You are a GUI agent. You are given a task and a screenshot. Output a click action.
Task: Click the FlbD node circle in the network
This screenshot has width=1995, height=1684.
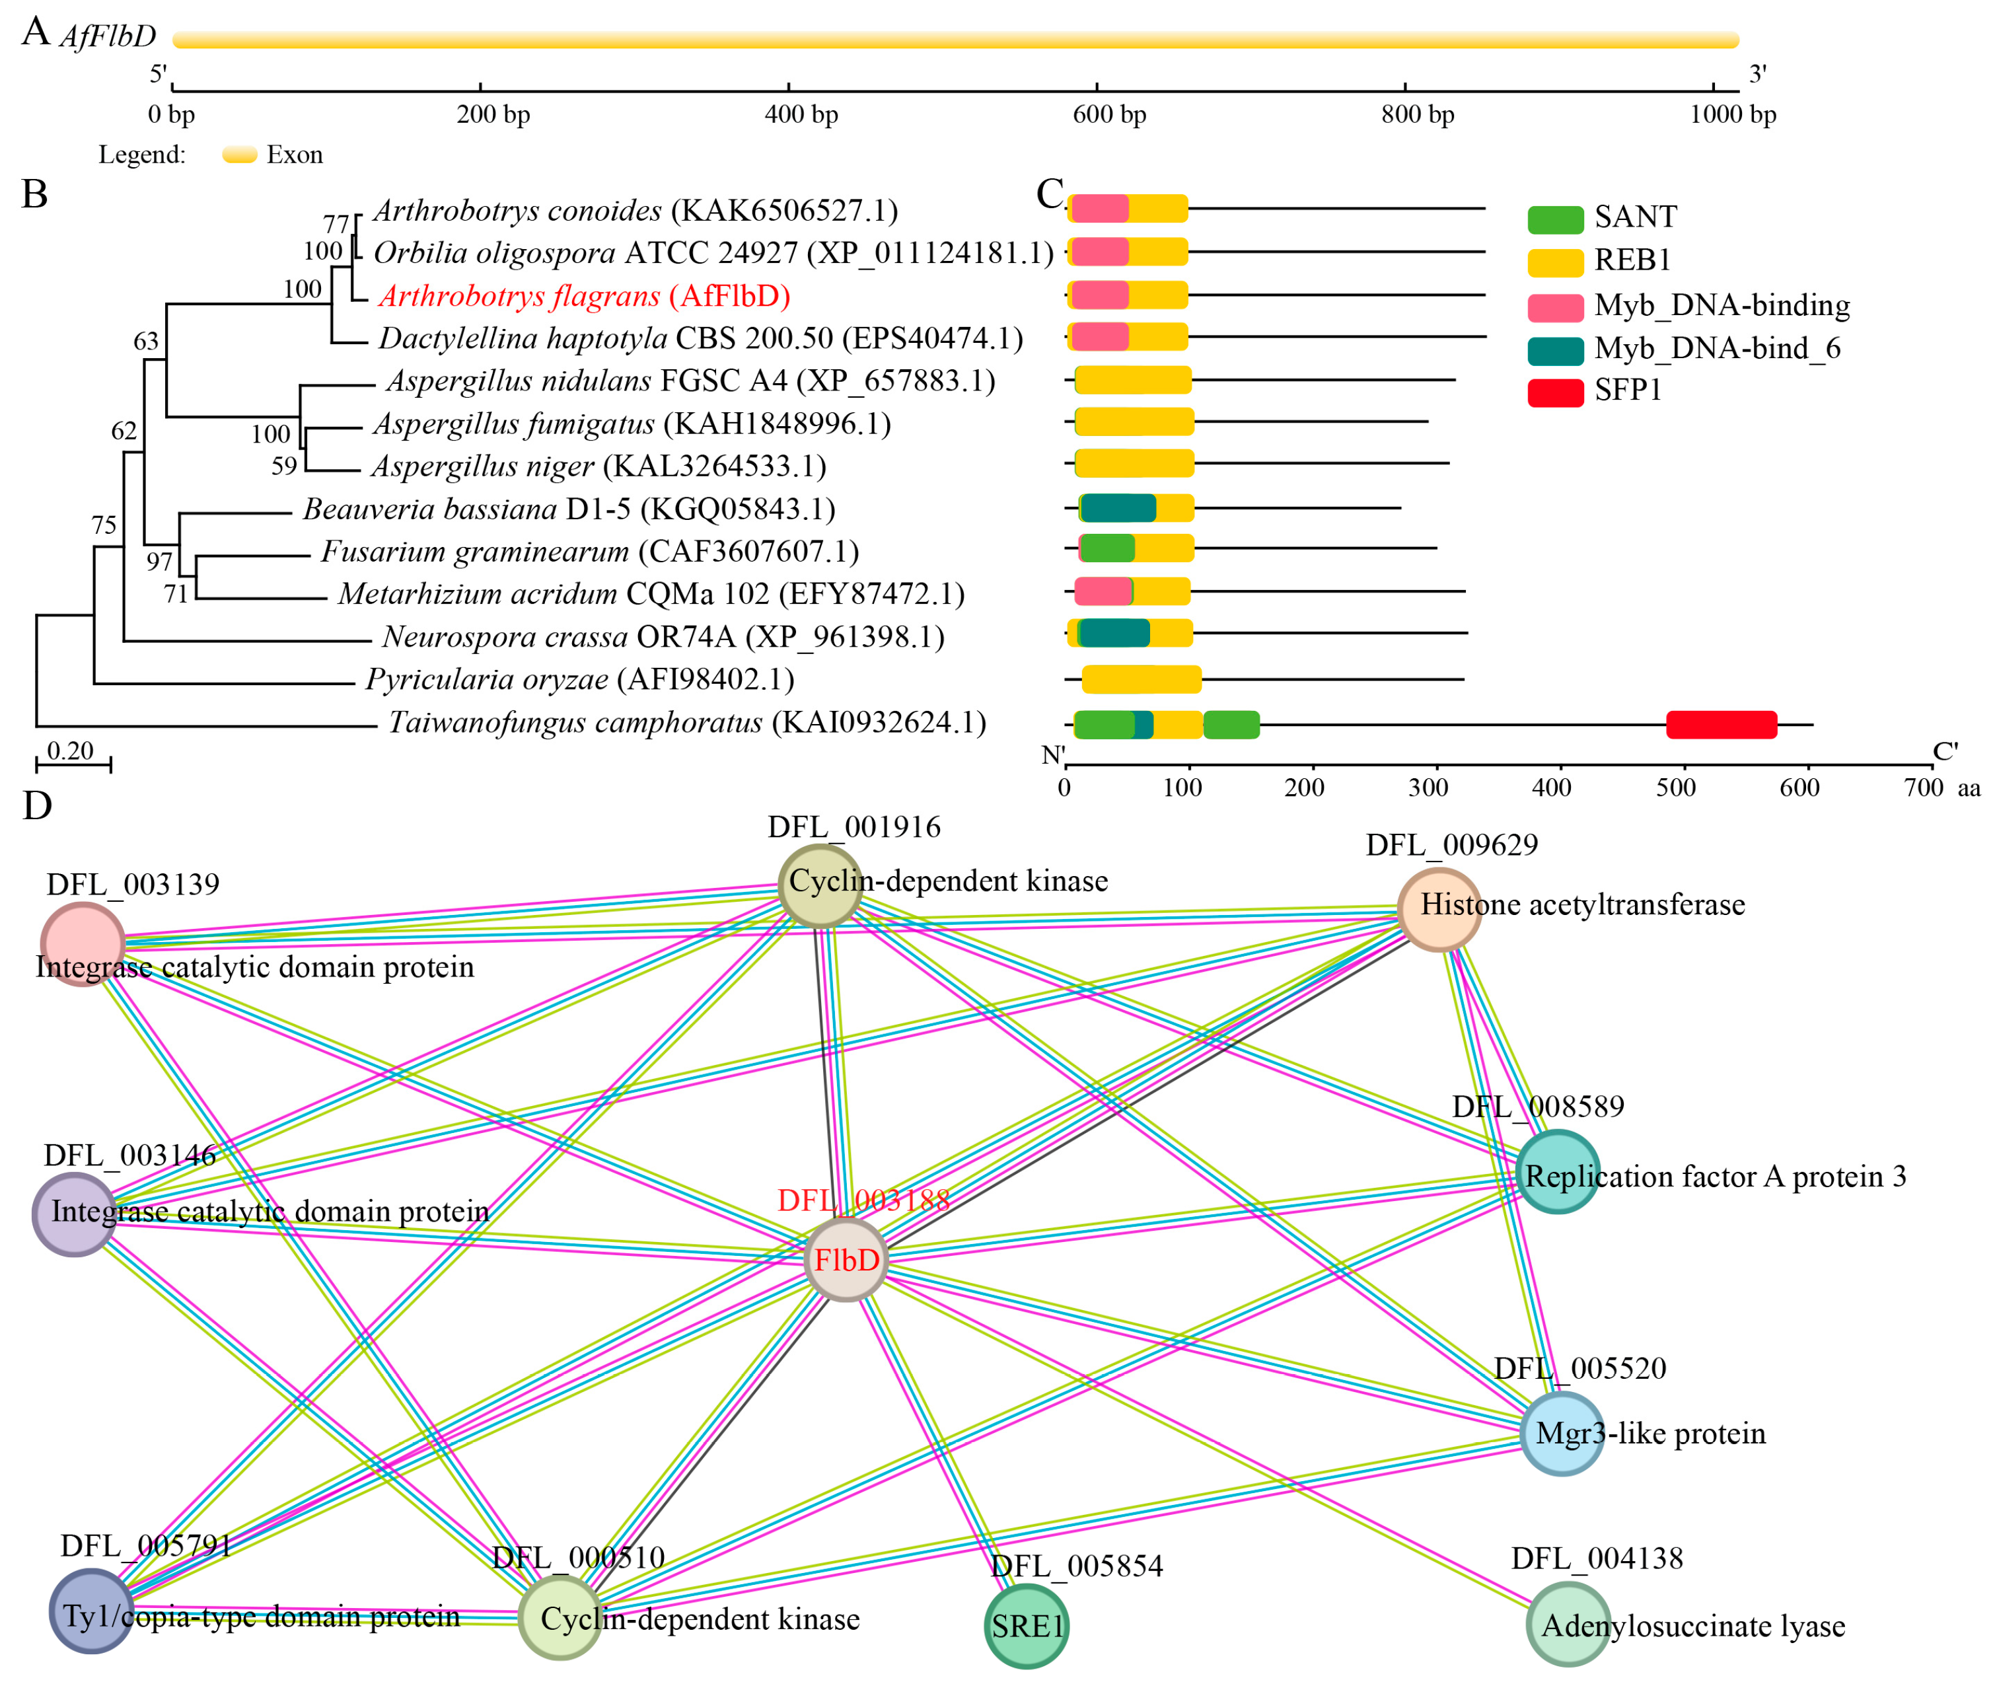click(x=846, y=1259)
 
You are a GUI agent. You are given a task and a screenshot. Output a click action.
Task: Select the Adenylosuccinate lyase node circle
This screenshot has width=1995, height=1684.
click(x=1568, y=1624)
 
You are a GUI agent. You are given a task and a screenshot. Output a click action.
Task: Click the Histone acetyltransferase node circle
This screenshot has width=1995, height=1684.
click(x=1439, y=909)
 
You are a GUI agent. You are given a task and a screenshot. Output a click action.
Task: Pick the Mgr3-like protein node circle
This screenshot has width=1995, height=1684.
click(x=1561, y=1433)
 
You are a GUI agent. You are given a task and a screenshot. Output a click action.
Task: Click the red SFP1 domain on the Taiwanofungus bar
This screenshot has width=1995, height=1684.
click(x=1721, y=725)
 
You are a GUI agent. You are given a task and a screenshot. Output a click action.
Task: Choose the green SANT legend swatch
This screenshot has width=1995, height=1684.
click(x=1555, y=219)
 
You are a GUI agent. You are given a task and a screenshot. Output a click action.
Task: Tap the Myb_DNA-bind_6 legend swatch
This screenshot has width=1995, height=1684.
click(x=1555, y=349)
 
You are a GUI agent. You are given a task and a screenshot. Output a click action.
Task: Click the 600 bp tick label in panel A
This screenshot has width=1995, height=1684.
click(x=1109, y=114)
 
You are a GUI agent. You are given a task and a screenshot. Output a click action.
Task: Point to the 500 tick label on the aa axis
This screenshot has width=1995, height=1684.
click(x=1675, y=787)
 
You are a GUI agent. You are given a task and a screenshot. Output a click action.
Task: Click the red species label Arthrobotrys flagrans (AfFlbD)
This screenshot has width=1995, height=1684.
click(x=584, y=296)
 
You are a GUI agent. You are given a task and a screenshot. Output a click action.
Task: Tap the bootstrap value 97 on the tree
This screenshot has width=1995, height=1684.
click(x=159, y=562)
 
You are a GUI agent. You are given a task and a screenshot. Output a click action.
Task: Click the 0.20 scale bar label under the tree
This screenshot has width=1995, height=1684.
click(x=71, y=751)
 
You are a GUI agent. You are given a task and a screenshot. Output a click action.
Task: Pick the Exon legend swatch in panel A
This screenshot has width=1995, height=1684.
click(x=240, y=155)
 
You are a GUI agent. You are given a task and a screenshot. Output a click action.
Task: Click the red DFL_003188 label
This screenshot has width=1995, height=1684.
click(x=863, y=1200)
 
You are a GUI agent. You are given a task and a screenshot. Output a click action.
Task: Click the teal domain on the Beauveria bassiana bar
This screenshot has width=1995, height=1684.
click(x=1118, y=508)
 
